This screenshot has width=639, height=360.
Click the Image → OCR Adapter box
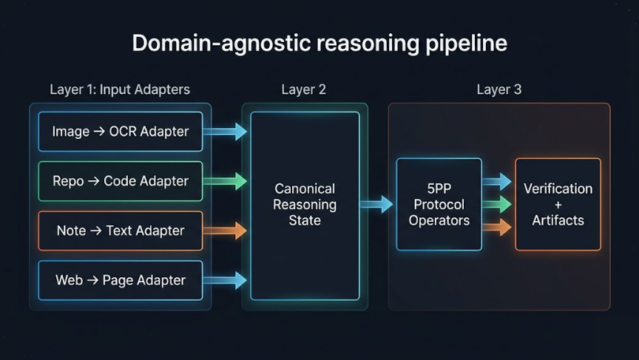pyautogui.click(x=120, y=132)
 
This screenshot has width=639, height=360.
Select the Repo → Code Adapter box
pyautogui.click(x=120, y=181)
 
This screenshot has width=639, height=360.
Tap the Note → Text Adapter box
pyautogui.click(x=120, y=231)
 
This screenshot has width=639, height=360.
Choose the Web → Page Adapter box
pyautogui.click(x=120, y=280)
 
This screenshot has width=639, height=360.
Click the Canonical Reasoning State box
pyautogui.click(x=305, y=205)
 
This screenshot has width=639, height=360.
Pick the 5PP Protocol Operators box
pyautogui.click(x=439, y=204)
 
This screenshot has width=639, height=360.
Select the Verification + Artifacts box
pyautogui.click(x=558, y=204)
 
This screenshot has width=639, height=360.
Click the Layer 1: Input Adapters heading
pyautogui.click(x=120, y=89)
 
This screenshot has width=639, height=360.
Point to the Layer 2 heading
pyautogui.click(x=303, y=89)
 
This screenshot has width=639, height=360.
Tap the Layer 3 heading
pyautogui.click(x=498, y=89)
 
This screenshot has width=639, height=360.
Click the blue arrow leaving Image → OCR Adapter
pyautogui.click(x=225, y=132)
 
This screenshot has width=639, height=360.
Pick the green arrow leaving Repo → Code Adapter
pyautogui.click(x=225, y=181)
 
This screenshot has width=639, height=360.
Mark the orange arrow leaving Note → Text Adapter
pyautogui.click(x=225, y=231)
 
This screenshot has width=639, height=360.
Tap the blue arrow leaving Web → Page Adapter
pyautogui.click(x=225, y=280)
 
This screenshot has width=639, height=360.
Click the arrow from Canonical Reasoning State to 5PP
pyautogui.click(x=377, y=204)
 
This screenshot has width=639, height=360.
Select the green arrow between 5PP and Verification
pyautogui.click(x=497, y=204)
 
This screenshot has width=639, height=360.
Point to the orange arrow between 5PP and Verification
pyautogui.click(x=497, y=227)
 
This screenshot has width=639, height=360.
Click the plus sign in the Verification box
pyautogui.click(x=558, y=204)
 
